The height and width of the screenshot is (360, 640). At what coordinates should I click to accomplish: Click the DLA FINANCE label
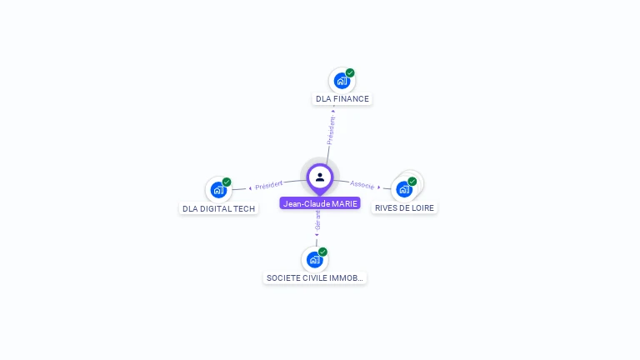[342, 98]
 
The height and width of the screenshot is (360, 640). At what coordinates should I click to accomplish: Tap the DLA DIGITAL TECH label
[218, 208]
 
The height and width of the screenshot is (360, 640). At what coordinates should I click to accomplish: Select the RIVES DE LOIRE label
[404, 207]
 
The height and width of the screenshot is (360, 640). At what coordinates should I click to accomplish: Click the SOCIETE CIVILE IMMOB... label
[314, 277]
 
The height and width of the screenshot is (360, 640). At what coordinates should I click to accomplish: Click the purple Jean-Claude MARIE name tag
[320, 203]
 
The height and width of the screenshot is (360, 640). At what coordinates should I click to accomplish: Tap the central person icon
[320, 177]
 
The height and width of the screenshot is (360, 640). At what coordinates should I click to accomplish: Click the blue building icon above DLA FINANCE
[341, 81]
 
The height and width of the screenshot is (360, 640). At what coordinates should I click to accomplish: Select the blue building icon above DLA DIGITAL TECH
[217, 190]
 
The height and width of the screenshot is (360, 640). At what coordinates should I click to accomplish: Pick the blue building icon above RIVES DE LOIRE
[404, 189]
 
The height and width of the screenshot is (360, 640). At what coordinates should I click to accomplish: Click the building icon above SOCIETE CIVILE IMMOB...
[314, 260]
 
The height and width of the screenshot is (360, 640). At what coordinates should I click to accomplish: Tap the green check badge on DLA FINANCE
[350, 72]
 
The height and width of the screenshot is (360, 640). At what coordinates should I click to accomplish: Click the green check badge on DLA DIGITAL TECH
[227, 182]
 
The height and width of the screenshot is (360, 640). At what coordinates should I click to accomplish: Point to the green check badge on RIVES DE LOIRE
[412, 181]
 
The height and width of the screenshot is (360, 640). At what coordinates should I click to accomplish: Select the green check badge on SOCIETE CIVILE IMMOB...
[323, 252]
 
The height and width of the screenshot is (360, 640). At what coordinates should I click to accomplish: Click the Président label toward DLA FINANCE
[332, 130]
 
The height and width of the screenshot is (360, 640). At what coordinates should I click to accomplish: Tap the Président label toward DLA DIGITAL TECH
[269, 184]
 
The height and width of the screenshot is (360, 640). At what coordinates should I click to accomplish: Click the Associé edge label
[362, 183]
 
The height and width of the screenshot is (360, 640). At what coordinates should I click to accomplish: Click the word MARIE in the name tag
[342, 203]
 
